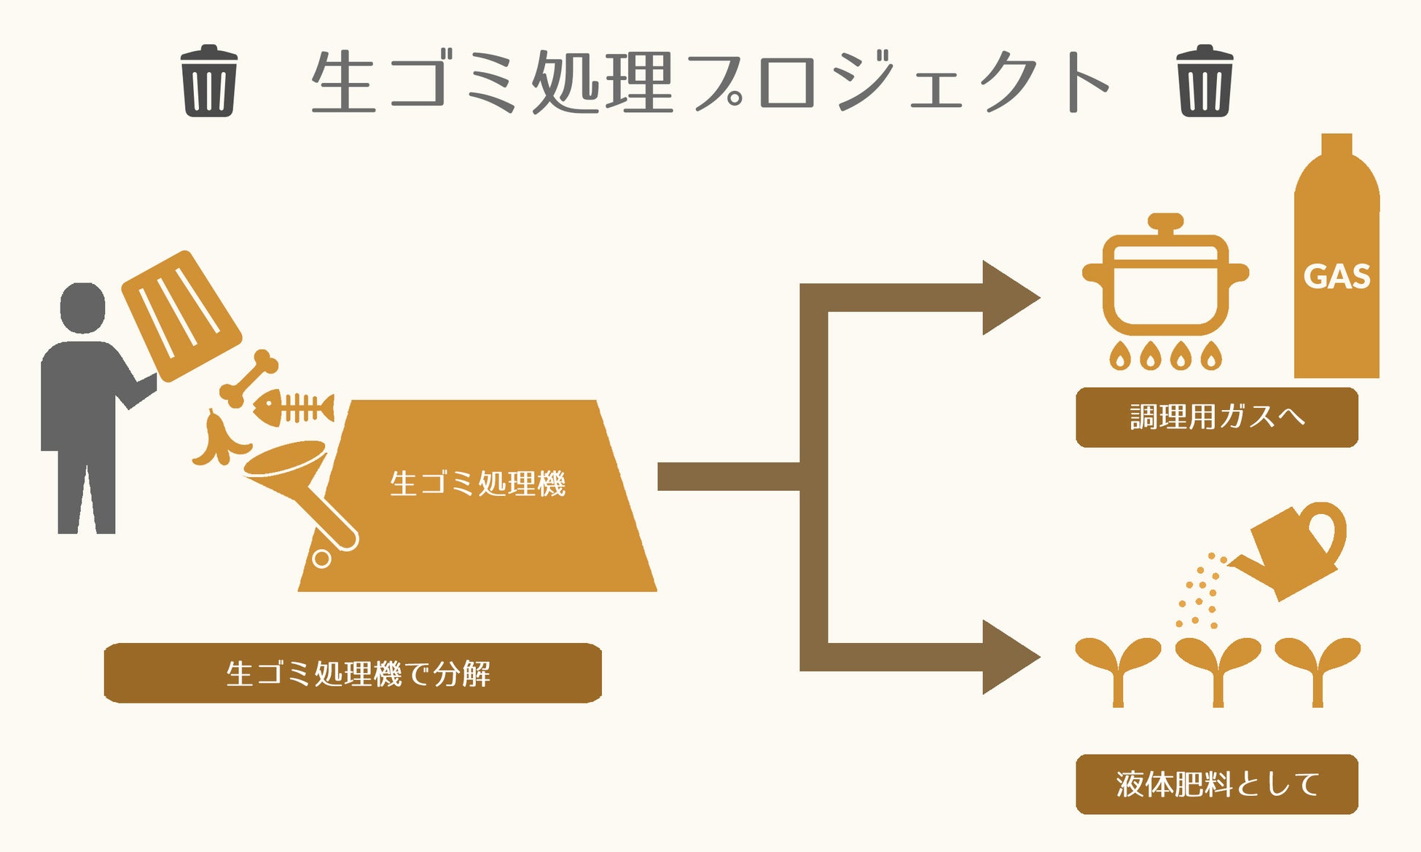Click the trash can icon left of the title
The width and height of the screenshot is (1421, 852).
209,82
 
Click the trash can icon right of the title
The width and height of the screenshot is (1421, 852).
1205,82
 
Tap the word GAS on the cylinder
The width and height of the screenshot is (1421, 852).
1336,277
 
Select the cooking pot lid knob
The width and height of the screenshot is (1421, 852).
1165,221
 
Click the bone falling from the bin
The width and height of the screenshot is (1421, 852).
249,377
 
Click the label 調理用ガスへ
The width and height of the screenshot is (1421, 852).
1216,417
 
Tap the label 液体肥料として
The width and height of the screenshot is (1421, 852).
1216,784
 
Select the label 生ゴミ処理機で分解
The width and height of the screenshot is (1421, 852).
353,673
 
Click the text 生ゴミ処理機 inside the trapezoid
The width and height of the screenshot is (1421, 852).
477,484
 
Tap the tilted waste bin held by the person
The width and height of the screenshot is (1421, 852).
181,315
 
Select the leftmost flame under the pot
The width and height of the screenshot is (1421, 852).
1119,357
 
